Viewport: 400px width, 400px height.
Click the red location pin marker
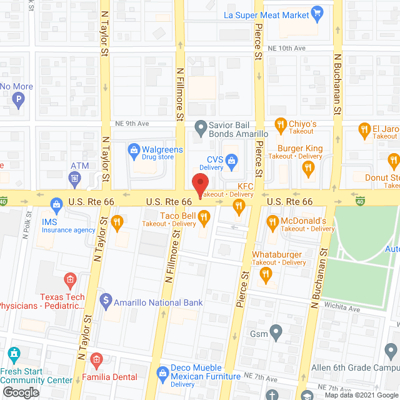199,186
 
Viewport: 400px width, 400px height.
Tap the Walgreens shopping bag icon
133,150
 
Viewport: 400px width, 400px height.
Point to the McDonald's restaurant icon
272,222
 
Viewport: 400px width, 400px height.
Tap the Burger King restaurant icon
307,167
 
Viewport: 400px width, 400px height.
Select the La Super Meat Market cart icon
317,12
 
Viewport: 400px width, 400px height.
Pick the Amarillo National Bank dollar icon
105,302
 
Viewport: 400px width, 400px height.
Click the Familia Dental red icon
96,359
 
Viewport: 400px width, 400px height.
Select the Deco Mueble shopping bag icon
162,372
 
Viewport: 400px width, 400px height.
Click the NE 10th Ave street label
287,48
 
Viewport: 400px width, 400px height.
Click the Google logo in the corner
20,392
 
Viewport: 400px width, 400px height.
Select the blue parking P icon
19,99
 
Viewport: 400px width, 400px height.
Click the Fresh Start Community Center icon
13,354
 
